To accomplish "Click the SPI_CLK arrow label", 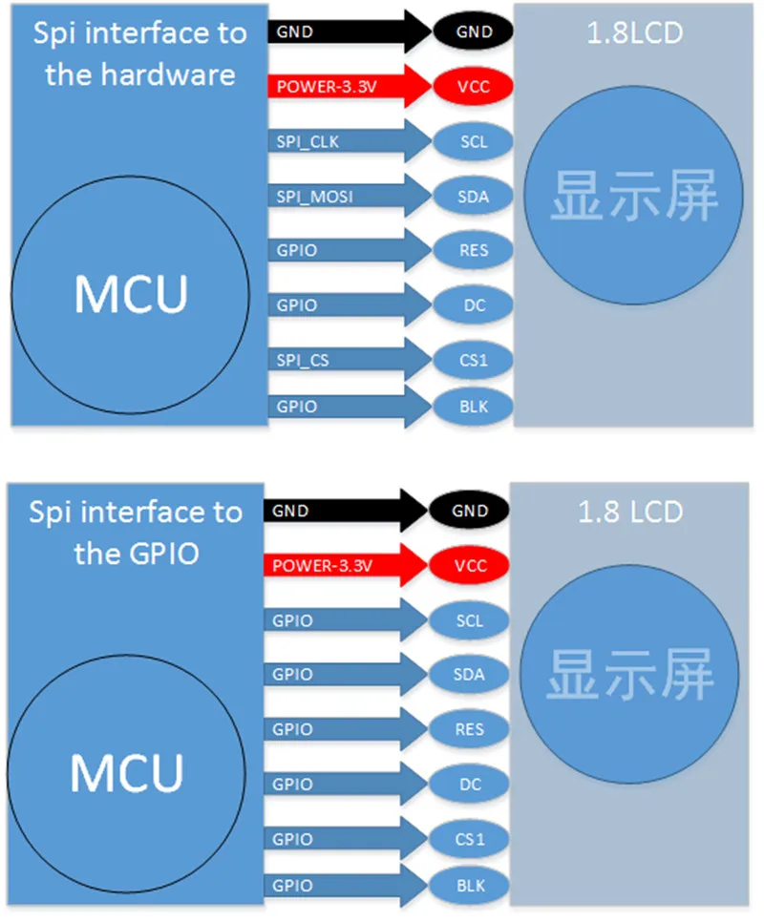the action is (x=308, y=141).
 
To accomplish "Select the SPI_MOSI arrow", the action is (x=350, y=196).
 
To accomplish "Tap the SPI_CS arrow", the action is (x=350, y=359).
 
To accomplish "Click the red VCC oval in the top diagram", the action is (x=474, y=87).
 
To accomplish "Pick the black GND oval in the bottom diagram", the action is (x=469, y=511).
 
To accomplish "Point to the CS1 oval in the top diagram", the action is (x=474, y=360).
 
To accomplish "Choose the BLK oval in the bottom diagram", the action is (x=469, y=886).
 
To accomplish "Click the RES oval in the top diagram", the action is (x=474, y=250).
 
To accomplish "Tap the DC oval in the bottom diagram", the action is (x=469, y=784).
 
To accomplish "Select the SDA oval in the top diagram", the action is (x=474, y=197).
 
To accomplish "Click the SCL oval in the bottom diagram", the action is (x=469, y=620).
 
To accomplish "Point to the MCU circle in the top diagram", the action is (x=131, y=295).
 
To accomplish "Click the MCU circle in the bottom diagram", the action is (x=126, y=774).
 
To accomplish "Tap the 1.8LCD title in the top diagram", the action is (x=635, y=32).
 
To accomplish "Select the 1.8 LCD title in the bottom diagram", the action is (x=630, y=512).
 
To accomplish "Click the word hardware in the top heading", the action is (x=168, y=74).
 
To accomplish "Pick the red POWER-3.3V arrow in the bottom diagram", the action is (x=346, y=565).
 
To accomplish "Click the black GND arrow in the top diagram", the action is (x=350, y=31).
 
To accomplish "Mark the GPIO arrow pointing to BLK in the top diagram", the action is (x=350, y=407).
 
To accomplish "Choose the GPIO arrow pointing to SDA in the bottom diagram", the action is (x=346, y=674).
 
